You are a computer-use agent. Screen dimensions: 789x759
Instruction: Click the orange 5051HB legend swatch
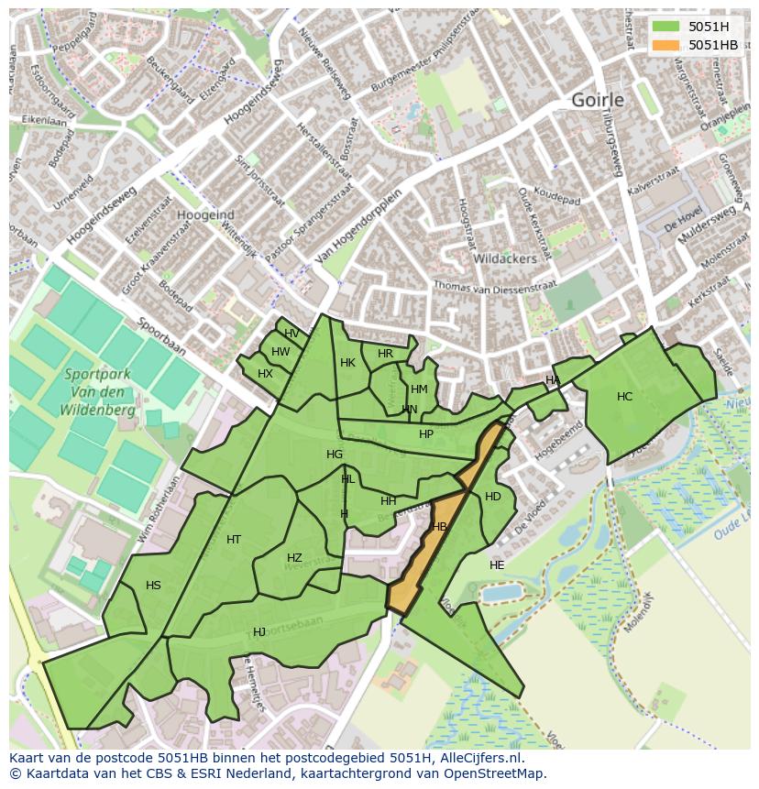(x=667, y=45)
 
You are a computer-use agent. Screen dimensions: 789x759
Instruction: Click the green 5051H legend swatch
(x=667, y=27)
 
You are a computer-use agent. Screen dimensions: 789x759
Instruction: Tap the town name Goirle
(x=597, y=100)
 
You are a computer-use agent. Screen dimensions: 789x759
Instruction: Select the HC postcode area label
(x=624, y=397)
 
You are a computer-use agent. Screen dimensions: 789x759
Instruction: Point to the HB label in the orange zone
(x=439, y=527)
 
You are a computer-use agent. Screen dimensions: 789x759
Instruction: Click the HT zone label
(x=234, y=540)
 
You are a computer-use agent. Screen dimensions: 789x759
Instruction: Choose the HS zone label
(x=153, y=586)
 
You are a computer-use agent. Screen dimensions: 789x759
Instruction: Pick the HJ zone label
(x=259, y=632)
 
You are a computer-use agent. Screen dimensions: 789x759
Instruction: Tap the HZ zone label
(x=294, y=558)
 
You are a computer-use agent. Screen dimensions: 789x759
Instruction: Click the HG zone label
(x=335, y=455)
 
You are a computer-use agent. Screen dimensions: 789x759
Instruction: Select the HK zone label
(x=347, y=363)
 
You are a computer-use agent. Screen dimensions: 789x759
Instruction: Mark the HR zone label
(x=385, y=354)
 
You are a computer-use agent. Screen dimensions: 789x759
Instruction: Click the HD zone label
(x=493, y=497)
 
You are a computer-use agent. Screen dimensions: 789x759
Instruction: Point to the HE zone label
(x=497, y=565)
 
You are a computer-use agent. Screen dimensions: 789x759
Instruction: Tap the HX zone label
(x=265, y=374)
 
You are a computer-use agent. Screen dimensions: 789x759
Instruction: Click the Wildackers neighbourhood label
(x=504, y=259)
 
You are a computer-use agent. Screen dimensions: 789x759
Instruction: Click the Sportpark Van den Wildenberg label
(x=100, y=392)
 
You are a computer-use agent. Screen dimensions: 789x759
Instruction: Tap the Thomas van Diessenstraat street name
(x=495, y=287)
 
